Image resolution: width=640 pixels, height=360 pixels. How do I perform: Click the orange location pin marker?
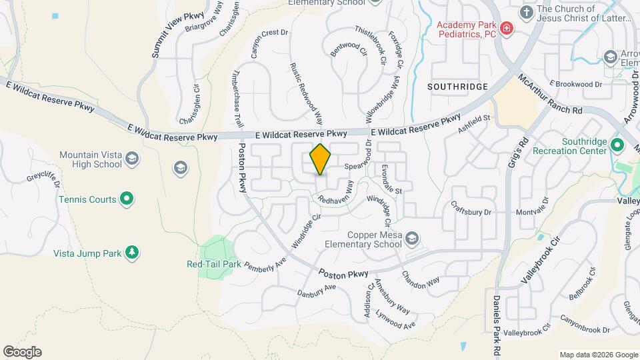(x=321, y=159)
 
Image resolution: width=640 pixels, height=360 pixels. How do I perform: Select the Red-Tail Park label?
(x=213, y=264)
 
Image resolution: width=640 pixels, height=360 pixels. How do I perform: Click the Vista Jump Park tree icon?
(x=133, y=251)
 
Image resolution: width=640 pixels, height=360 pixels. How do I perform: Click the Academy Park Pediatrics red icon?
(x=507, y=28)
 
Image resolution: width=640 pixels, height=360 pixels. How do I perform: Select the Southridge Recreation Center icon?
(x=617, y=145)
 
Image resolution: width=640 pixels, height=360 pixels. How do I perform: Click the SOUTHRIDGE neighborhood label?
(x=457, y=87)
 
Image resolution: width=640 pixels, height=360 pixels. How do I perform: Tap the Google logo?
(x=22, y=352)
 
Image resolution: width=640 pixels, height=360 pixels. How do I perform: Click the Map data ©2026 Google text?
(x=598, y=355)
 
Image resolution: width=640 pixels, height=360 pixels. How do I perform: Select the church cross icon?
(x=527, y=12)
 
